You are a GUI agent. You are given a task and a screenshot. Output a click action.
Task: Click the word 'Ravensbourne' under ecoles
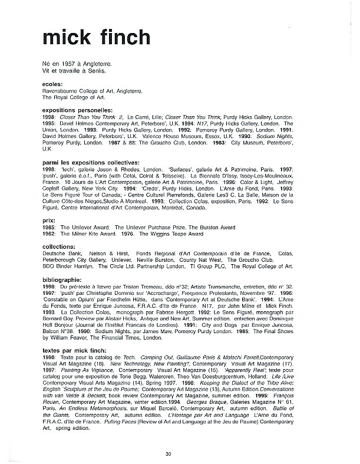click(61, 91)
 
